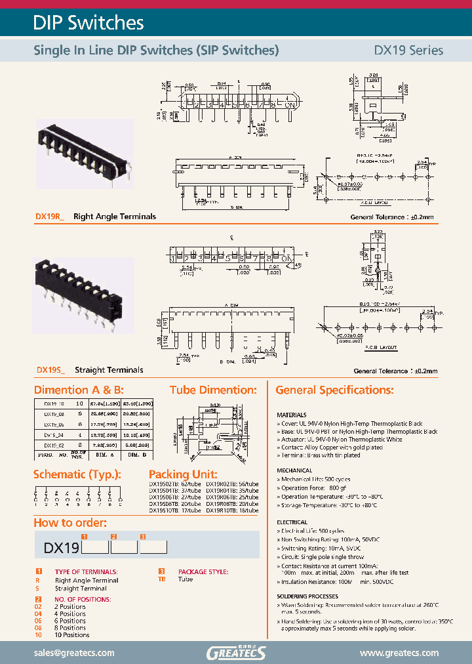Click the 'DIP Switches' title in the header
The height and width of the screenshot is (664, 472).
tap(88, 23)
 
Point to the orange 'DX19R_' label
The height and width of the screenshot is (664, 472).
tap(50, 217)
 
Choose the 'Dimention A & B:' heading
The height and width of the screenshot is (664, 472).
tap(79, 390)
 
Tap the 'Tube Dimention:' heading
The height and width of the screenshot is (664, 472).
tap(213, 390)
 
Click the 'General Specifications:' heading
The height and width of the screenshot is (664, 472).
tap(334, 390)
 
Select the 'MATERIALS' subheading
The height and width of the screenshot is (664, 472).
tap(292, 415)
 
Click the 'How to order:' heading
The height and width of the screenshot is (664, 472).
tap(70, 523)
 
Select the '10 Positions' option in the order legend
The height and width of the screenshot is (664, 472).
tap(72, 635)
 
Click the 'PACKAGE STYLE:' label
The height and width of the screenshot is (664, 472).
tap(203, 572)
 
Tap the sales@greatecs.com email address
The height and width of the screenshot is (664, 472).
tap(74, 653)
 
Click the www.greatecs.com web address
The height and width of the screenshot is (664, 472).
tap(399, 653)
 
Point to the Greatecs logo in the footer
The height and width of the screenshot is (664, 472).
tap(236, 652)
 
